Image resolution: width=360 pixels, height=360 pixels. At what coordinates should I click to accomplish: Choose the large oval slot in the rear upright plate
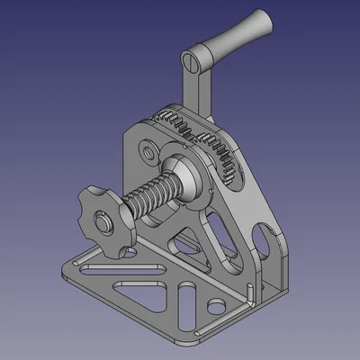coord(261,241)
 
